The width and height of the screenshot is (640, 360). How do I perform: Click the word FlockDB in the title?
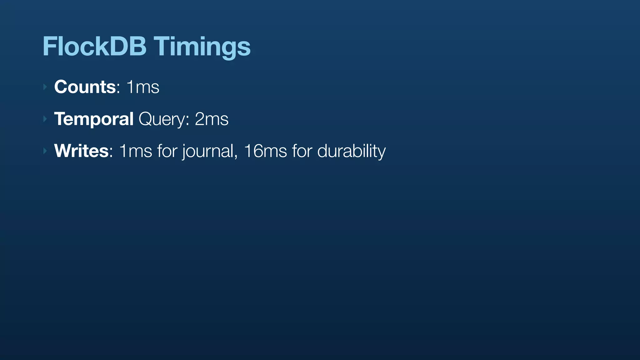(94, 46)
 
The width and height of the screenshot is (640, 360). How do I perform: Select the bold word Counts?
(85, 87)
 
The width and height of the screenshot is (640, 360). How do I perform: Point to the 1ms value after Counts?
(143, 87)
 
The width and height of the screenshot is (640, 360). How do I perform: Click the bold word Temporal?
(94, 119)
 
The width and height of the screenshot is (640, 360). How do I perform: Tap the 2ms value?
(212, 119)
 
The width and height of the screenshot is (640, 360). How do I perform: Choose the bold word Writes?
(81, 151)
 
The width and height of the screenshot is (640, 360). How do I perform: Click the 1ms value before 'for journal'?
(135, 151)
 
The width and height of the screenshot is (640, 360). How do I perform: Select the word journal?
(208, 152)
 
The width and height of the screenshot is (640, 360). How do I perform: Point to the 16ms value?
(265, 151)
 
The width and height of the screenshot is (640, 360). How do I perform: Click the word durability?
(351, 152)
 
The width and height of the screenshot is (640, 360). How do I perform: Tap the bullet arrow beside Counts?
(45, 87)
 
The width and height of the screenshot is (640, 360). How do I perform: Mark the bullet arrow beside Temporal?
(45, 119)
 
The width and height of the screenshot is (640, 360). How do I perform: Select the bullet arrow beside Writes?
(45, 151)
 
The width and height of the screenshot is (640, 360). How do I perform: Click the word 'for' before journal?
(167, 151)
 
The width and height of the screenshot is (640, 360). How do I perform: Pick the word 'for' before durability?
(302, 151)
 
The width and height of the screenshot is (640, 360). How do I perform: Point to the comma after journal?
(236, 156)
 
